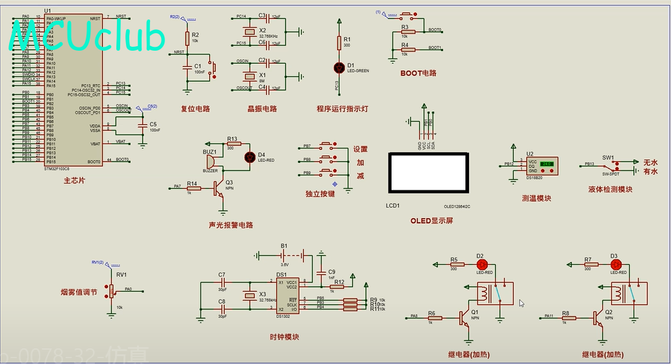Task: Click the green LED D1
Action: (338, 67)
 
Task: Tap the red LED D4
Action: (249, 157)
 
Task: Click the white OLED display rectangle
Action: (427, 172)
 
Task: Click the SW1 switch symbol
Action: (608, 166)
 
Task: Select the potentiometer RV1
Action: (111, 291)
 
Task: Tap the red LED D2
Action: (481, 265)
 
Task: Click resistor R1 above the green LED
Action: (338, 43)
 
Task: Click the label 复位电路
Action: (195, 109)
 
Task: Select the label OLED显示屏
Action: (431, 220)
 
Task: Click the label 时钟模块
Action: (285, 337)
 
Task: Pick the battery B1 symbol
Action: (284, 255)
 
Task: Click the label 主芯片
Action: (73, 180)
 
